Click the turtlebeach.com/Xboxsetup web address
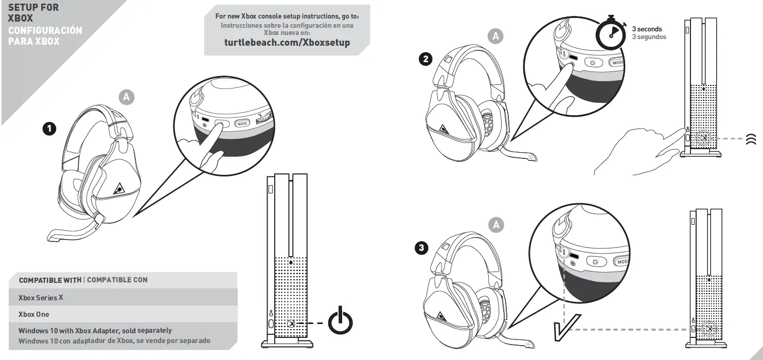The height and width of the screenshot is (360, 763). pyautogui.click(x=287, y=43)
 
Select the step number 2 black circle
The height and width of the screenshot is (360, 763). pyautogui.click(x=425, y=59)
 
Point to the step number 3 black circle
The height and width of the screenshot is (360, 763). pyautogui.click(x=422, y=248)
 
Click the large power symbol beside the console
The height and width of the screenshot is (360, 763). pyautogui.click(x=341, y=320)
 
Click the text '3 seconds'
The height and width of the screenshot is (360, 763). pyautogui.click(x=647, y=29)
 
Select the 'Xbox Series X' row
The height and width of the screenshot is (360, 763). pyautogui.click(x=41, y=298)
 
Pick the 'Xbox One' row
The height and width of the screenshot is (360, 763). pyautogui.click(x=34, y=314)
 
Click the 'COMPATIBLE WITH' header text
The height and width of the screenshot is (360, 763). pyautogui.click(x=50, y=280)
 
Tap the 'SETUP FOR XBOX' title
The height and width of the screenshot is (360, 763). pyautogui.click(x=33, y=13)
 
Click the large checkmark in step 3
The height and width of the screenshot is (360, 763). pyautogui.click(x=565, y=327)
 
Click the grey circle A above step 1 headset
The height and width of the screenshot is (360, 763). pyautogui.click(x=127, y=97)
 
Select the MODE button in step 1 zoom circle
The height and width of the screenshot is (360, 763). pyautogui.click(x=242, y=123)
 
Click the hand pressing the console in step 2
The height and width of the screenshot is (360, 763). pyautogui.click(x=638, y=152)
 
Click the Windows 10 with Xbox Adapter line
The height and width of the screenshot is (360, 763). pyautogui.click(x=95, y=331)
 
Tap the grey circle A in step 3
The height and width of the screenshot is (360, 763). pyautogui.click(x=496, y=225)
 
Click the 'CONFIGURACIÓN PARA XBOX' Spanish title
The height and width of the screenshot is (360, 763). pyautogui.click(x=45, y=35)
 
